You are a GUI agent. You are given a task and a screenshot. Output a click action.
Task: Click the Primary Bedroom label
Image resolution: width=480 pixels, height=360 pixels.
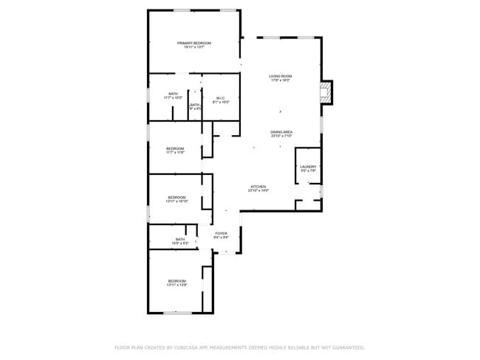coord(194,43)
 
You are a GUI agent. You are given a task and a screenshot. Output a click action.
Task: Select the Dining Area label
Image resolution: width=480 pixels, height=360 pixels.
coord(281,132)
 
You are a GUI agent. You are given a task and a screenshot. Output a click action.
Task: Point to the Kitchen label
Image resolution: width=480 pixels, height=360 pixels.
coord(258,187)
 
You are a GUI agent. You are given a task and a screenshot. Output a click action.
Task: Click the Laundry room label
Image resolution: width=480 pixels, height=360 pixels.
coord(308,167)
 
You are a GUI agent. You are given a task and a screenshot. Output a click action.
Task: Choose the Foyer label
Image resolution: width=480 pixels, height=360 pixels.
coord(221,233)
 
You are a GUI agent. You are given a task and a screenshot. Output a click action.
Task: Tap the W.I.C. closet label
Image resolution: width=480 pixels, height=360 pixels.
coord(220,98)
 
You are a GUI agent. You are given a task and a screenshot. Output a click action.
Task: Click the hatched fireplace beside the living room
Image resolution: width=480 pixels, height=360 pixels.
coord(325,91)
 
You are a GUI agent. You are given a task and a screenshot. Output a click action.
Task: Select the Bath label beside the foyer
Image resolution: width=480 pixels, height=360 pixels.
coord(180,239)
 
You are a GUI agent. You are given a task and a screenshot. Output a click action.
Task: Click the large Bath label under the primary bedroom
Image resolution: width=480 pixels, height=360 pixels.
coord(173,94)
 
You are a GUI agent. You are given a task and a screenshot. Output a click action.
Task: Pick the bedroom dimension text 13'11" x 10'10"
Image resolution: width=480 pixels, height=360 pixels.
coord(177,201)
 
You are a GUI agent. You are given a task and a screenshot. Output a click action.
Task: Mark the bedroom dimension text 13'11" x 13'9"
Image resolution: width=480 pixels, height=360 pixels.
coord(176,285)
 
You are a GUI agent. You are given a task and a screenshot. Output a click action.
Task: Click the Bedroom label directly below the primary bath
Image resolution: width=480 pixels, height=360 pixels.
coord(175,148)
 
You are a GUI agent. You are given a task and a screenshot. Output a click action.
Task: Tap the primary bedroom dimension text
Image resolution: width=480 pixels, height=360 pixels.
coord(194,47)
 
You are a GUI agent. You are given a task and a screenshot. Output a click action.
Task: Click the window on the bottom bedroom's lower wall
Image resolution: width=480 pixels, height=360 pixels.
coord(178,314)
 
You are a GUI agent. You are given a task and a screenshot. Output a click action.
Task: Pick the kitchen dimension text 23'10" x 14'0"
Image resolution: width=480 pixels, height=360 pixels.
coord(258,191)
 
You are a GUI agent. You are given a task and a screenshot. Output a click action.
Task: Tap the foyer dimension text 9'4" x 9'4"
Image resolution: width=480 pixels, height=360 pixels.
coord(221,238)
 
